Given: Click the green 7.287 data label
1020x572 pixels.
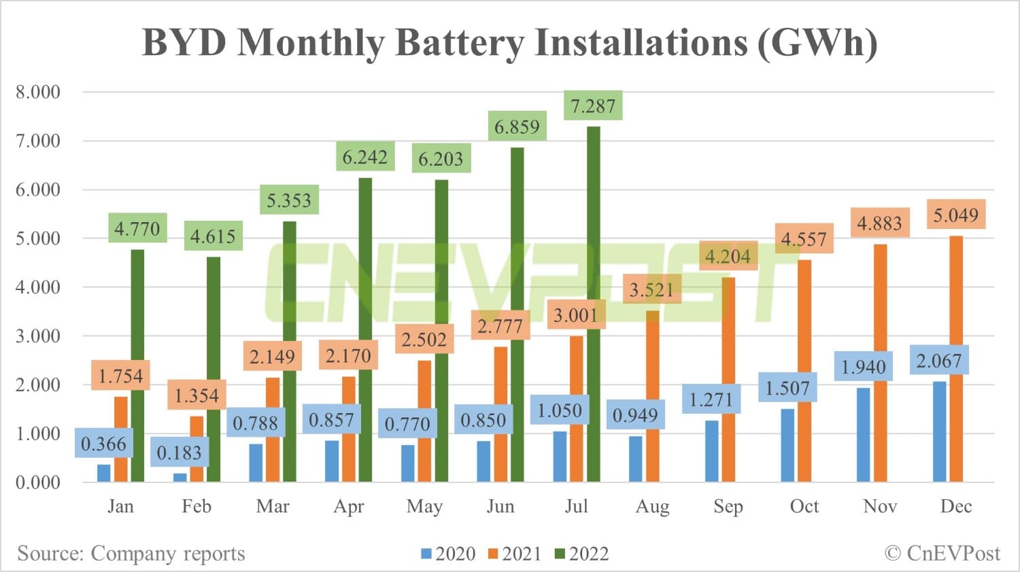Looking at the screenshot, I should (x=593, y=106).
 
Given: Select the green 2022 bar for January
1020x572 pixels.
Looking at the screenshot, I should (x=137, y=367).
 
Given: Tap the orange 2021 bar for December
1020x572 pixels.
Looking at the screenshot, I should (x=956, y=360).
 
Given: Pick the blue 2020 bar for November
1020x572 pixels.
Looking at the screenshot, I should (x=864, y=435).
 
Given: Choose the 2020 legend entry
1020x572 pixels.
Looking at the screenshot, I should (x=448, y=554).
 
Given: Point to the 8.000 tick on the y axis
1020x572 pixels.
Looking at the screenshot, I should (x=38, y=92).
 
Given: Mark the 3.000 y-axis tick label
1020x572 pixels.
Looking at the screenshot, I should (x=38, y=336).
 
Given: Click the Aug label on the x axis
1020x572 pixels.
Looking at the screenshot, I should (x=652, y=506).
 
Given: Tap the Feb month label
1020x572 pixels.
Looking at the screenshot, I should (x=197, y=506).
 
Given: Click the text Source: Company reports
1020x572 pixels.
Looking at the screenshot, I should (x=131, y=554).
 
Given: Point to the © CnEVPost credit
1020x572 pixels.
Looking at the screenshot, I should (x=942, y=554).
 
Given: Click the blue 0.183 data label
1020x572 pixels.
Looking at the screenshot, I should (x=179, y=452).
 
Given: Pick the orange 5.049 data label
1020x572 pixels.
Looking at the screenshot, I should (x=955, y=215).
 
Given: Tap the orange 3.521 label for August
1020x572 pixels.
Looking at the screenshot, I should (x=651, y=290).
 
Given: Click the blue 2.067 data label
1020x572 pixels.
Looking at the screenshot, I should (x=939, y=361).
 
